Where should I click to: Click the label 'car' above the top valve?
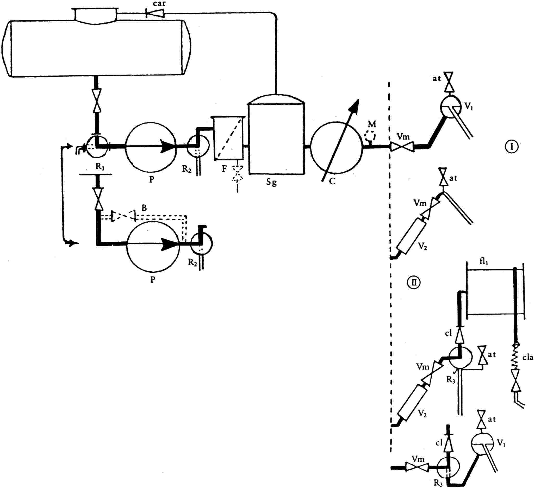point(159,4)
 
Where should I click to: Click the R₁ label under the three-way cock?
point(100,167)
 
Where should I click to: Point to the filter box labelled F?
point(228,138)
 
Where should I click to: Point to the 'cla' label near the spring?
point(527,358)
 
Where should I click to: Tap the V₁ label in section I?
point(469,107)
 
